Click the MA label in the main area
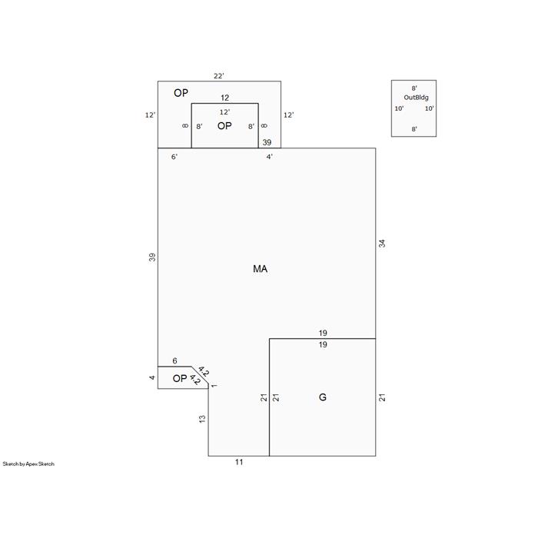(260, 269)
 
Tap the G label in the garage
(323, 397)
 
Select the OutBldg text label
(416, 98)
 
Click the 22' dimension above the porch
(219, 76)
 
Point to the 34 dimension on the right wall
(382, 244)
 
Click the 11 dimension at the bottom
(239, 462)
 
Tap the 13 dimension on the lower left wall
(202, 419)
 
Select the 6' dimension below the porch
(174, 157)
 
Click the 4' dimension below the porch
(269, 157)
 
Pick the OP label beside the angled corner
(180, 378)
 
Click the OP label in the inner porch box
(224, 126)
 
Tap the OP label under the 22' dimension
(181, 93)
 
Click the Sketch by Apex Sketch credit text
(28, 464)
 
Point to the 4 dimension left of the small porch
(152, 377)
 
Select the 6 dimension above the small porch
(174, 360)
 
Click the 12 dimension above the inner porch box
(224, 98)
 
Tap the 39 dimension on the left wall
(152, 257)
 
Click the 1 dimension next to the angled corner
(214, 386)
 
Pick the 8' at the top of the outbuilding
(414, 88)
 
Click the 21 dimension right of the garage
(382, 397)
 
